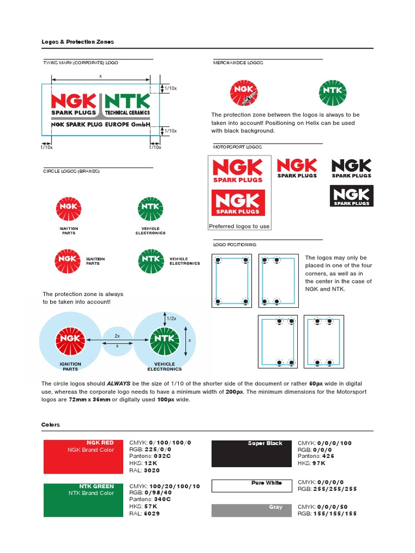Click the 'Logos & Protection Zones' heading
(x=78, y=42)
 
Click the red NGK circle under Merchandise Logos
(x=244, y=92)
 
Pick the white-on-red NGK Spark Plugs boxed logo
(x=238, y=203)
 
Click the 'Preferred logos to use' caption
(x=239, y=226)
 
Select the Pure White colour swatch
(x=251, y=485)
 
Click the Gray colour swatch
(x=251, y=510)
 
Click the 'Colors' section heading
(x=51, y=424)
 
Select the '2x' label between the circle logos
(x=117, y=336)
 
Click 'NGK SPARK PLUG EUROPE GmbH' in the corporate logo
(x=101, y=124)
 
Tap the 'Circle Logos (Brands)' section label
(x=71, y=171)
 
